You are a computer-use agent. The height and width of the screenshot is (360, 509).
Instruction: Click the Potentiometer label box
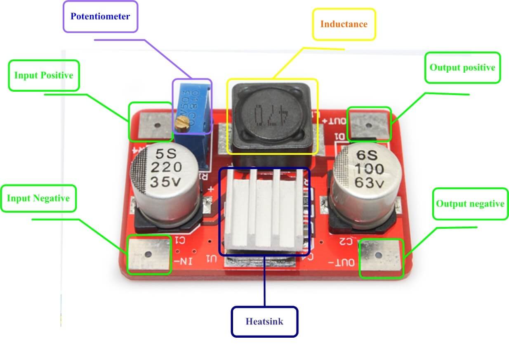(x=100, y=17)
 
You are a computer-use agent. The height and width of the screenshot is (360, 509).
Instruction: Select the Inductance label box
(x=344, y=24)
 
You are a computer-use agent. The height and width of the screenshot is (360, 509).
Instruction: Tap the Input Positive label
(x=43, y=76)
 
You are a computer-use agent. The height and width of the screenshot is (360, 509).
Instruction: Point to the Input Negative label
(x=38, y=198)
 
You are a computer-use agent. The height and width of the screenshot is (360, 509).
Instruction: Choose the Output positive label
(x=462, y=67)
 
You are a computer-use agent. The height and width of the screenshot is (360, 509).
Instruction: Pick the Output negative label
(x=470, y=204)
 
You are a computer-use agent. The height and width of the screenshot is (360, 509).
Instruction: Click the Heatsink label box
(x=264, y=321)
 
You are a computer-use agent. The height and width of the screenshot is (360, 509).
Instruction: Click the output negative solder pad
(x=381, y=258)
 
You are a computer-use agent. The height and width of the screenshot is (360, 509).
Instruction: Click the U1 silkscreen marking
(x=211, y=259)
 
